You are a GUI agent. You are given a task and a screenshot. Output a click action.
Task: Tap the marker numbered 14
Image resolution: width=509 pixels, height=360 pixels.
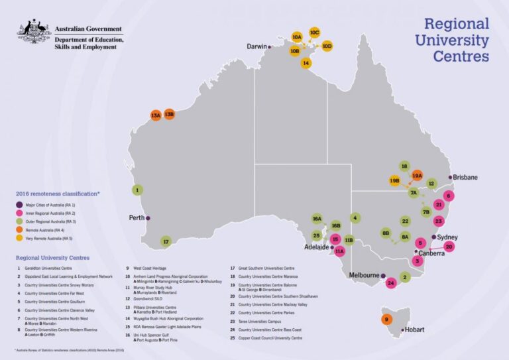(306, 63)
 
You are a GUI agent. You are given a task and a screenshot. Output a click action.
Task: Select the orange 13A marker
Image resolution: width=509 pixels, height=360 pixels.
(156, 115)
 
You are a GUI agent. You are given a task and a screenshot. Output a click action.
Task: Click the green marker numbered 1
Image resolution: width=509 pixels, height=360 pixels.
(137, 190)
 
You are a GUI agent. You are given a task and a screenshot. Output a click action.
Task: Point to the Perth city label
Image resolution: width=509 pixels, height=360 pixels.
(137, 217)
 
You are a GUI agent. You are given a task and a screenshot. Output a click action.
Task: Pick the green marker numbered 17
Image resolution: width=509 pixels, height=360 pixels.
(166, 242)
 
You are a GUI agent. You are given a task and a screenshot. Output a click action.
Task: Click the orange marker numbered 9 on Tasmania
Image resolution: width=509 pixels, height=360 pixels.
(386, 320)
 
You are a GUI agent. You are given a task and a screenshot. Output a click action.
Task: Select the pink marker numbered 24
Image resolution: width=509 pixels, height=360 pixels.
(391, 283)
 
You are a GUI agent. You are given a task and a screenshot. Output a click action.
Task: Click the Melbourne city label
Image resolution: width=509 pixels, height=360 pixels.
(363, 274)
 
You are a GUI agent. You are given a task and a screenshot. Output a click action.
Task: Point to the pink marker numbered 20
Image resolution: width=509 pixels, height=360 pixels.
(449, 247)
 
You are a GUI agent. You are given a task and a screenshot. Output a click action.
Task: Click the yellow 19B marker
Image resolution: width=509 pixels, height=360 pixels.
(395, 180)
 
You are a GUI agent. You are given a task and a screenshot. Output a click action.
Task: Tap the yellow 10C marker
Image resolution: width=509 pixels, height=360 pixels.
(314, 32)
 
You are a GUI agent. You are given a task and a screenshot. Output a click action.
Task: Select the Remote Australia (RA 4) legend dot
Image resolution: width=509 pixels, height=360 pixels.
(20, 229)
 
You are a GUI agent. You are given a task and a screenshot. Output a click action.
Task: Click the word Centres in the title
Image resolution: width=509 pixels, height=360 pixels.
(461, 56)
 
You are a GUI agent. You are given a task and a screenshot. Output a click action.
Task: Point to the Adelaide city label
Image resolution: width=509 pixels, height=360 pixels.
(313, 247)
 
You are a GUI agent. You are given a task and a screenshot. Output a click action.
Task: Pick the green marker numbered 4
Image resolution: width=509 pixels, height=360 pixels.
(355, 217)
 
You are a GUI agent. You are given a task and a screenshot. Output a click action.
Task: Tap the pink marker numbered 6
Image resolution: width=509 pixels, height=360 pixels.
(449, 196)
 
